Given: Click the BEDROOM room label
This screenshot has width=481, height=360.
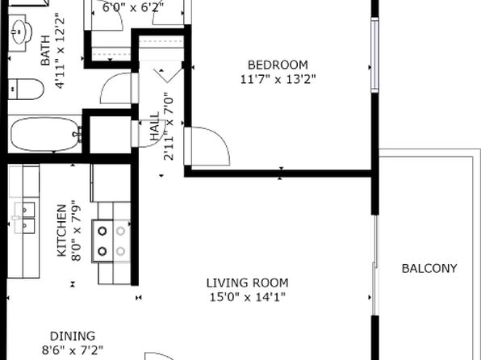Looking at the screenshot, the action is (278, 65).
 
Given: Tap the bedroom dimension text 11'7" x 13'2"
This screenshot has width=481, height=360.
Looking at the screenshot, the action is (278, 79).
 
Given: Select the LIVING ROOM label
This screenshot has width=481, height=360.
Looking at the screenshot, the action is (247, 283).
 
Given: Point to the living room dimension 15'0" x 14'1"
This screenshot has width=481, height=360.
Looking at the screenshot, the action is (247, 297).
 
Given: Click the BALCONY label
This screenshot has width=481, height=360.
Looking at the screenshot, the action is (429, 269).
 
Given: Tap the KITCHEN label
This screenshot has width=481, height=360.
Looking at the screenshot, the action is (61, 231).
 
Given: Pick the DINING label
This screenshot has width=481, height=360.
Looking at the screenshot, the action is (73, 336).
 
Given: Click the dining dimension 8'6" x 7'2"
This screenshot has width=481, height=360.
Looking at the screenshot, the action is (73, 350).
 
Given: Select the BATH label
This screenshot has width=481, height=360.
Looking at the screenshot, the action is (45, 51).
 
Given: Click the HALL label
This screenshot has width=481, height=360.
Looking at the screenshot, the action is (155, 126).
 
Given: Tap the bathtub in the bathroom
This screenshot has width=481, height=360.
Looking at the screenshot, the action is (45, 135).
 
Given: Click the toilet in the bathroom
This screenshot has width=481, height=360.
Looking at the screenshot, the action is (26, 89).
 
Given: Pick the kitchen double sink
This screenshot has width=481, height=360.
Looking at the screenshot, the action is (24, 218).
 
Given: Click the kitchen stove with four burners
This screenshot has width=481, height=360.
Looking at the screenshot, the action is (111, 241).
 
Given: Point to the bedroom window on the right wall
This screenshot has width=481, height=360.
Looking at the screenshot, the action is (374, 55).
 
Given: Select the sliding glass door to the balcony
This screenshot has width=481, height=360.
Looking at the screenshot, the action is (374, 266).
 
